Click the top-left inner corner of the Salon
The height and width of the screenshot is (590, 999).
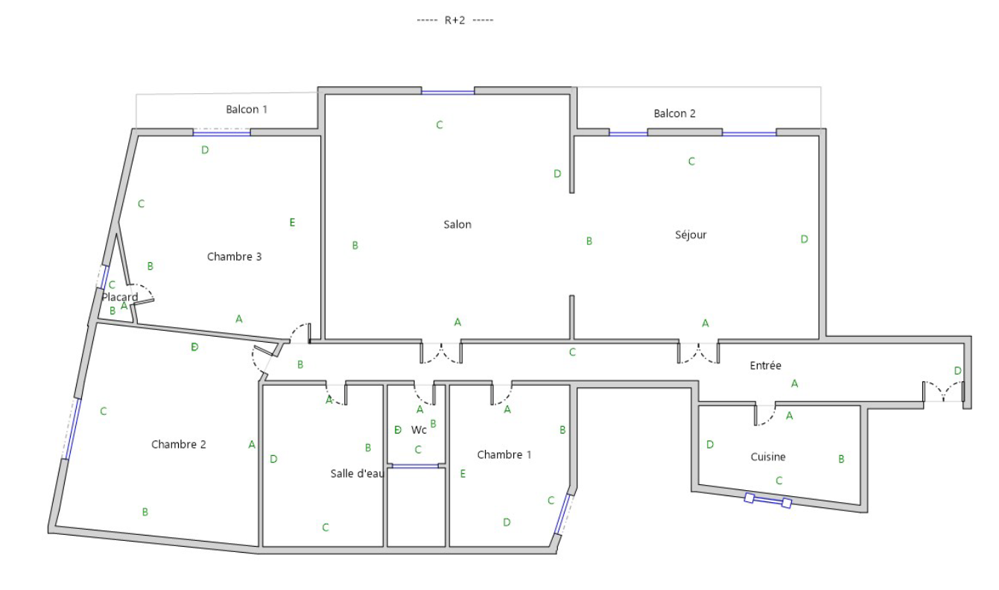325,95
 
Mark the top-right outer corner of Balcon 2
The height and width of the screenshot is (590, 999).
821,87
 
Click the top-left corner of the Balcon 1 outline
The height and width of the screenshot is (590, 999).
136,95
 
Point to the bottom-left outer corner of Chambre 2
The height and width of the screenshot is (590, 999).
48,533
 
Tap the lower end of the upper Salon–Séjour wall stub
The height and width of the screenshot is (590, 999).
571,193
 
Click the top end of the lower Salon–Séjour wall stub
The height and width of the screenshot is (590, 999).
571,296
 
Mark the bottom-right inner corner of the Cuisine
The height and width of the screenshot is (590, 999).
860,505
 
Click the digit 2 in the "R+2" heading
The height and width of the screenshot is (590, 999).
462,21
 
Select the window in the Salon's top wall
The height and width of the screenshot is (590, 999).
448,92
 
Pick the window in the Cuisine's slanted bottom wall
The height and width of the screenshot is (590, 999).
768,501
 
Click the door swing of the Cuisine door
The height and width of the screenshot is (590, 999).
765,415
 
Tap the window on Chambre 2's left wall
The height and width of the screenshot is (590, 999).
73,429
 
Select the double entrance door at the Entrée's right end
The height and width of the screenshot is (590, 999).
944,392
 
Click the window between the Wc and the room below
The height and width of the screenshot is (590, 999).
415,466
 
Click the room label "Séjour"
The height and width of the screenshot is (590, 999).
691,235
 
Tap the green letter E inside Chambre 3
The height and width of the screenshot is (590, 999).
292,222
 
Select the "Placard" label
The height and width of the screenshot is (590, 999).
119,297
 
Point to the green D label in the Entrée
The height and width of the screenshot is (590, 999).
957,370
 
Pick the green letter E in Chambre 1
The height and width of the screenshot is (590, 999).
463,474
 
